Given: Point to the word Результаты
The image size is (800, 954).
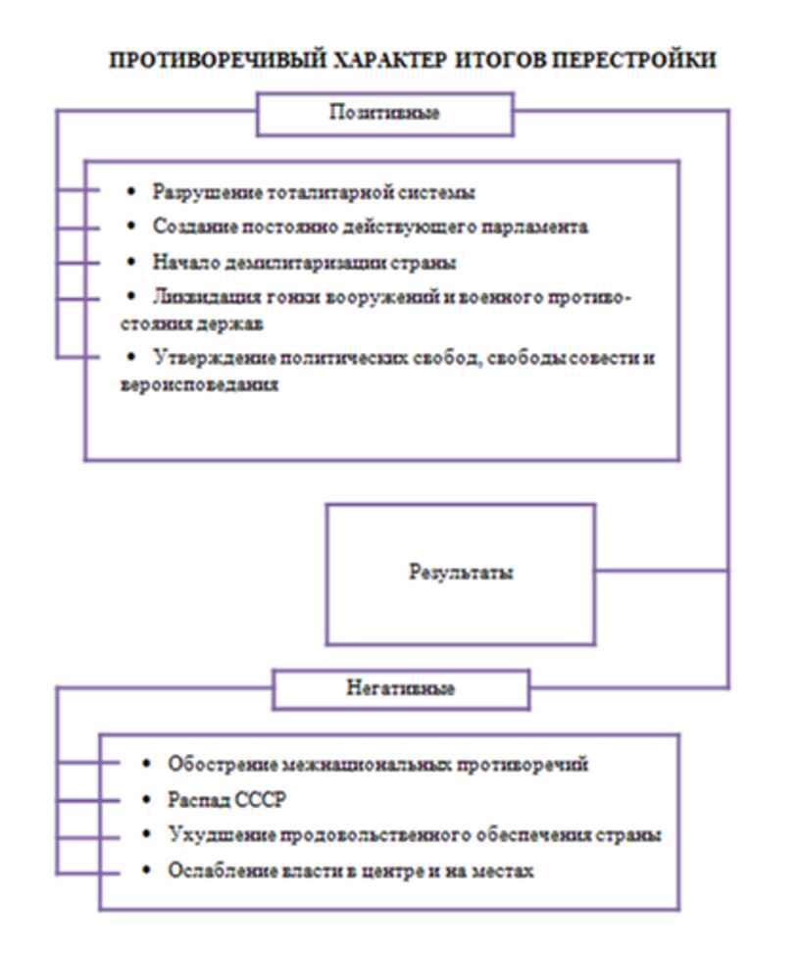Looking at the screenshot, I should (460, 573).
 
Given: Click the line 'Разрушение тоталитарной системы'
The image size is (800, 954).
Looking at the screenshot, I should (315, 192).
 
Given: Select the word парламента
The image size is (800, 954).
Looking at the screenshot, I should (535, 226).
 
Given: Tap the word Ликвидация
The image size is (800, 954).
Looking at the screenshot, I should (199, 296).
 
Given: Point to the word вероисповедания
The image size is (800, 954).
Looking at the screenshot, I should (200, 384).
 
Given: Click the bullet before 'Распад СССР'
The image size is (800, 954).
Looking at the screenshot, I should (147, 799).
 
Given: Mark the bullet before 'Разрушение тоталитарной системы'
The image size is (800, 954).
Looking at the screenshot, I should (132, 192).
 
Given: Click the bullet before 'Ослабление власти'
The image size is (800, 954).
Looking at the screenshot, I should (147, 871).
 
